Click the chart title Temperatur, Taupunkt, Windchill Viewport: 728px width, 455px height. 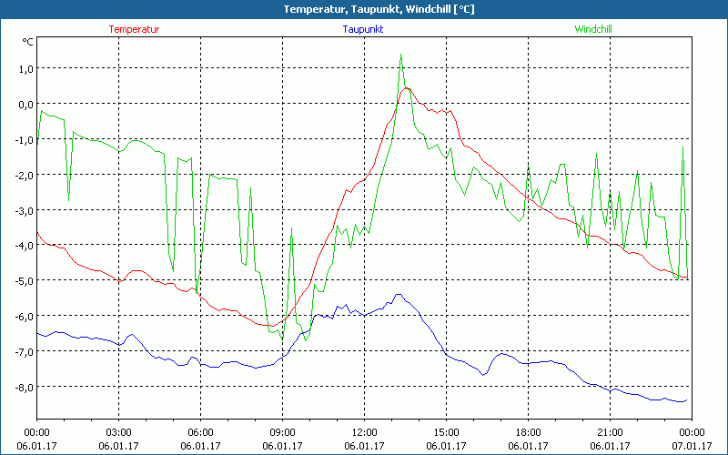pyautogui.click(x=364, y=9)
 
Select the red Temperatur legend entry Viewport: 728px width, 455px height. pyautogui.click(x=134, y=29)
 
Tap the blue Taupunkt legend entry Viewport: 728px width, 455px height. pyautogui.click(x=363, y=29)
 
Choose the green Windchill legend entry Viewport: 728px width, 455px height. pyautogui.click(x=592, y=29)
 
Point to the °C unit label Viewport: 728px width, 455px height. pyautogui.click(x=27, y=42)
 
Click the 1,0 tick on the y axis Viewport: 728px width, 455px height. pyautogui.click(x=25, y=68)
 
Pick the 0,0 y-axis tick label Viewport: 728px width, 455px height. pyautogui.click(x=25, y=104)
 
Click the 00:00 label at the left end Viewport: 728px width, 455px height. pyautogui.click(x=36, y=431)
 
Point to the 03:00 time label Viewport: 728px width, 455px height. pyautogui.click(x=118, y=431)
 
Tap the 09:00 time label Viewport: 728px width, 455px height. pyautogui.click(x=282, y=431)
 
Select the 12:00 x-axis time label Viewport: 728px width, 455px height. pyautogui.click(x=364, y=431)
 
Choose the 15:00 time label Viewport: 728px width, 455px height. pyautogui.click(x=446, y=431)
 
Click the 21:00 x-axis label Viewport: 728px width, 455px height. pyautogui.click(x=610, y=431)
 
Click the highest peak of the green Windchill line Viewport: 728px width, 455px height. pyautogui.click(x=400, y=55)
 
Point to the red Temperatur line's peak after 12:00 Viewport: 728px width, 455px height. pyautogui.click(x=407, y=88)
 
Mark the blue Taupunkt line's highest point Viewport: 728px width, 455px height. pyautogui.click(x=398, y=294)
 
